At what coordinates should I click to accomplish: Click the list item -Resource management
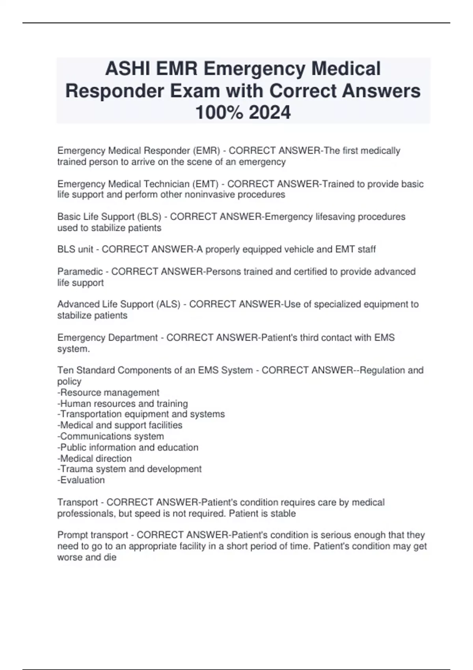pyautogui.click(x=108, y=393)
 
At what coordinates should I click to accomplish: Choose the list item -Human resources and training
pyautogui.click(x=123, y=404)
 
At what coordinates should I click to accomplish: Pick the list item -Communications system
pyautogui.click(x=111, y=436)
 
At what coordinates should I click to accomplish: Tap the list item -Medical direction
pyautogui.click(x=95, y=458)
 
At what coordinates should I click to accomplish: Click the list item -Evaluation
pyautogui.click(x=81, y=480)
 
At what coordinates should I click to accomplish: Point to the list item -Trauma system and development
pyautogui.click(x=129, y=469)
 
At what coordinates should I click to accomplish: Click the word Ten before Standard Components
pyautogui.click(x=65, y=370)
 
